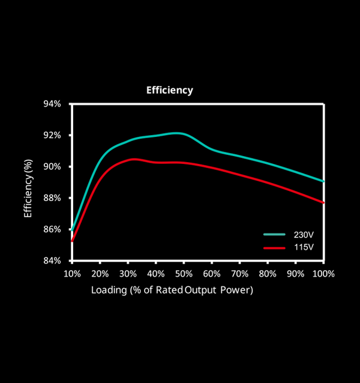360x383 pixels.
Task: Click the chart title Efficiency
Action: pos(170,91)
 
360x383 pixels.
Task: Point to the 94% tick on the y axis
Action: pos(53,104)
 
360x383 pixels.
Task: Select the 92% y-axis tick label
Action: pos(53,135)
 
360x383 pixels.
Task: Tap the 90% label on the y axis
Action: pos(53,166)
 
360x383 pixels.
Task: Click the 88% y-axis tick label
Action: pos(53,198)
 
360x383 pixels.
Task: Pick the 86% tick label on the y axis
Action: pos(53,229)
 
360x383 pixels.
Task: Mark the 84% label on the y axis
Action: pos(53,261)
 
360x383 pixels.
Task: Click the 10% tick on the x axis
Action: pos(72,274)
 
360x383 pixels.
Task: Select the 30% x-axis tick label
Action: pos(128,274)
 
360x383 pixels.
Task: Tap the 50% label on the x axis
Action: pos(184,274)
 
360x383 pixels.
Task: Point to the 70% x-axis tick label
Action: pos(239,274)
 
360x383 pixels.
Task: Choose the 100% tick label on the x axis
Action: pos(323,274)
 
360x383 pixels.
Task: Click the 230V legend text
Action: pos(304,235)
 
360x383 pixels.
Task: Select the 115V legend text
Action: pos(304,247)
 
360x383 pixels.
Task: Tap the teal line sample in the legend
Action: pos(274,235)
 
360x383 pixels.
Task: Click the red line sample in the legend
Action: pos(274,247)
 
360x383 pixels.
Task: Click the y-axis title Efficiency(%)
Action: pos(28,188)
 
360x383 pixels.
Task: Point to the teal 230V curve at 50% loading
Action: pos(184,134)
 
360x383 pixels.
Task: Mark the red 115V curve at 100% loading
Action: pos(323,202)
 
